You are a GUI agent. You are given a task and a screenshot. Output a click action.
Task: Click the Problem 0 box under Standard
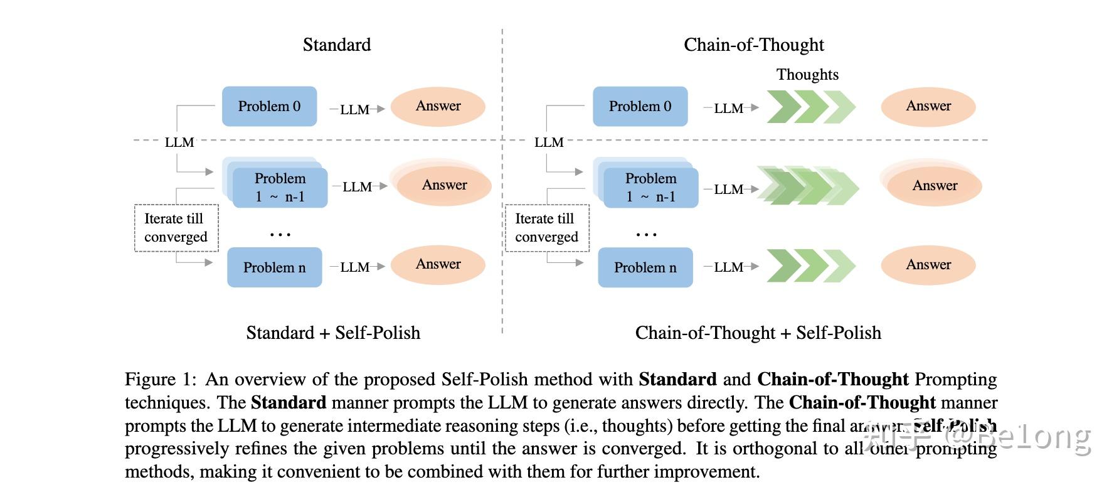269,106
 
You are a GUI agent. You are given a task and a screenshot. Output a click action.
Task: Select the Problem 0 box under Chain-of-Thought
640,106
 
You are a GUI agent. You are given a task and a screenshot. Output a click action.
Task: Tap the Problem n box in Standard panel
274,267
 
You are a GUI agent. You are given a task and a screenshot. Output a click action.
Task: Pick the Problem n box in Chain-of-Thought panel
645,267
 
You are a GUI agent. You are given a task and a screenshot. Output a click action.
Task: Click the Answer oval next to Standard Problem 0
438,106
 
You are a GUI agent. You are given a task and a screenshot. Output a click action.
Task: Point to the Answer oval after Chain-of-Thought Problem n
928,264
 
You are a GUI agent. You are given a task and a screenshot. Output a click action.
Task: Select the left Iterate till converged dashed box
176,228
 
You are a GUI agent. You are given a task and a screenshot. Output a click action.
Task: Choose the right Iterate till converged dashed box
547,228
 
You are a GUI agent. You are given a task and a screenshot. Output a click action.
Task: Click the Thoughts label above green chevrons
807,74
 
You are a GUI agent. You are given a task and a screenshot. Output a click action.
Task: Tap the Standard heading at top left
337,45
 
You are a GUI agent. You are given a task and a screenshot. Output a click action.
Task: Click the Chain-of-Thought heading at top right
753,45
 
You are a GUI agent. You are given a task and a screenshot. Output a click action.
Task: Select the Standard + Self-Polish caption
333,333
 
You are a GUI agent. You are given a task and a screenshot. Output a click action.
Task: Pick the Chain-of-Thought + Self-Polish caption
758,333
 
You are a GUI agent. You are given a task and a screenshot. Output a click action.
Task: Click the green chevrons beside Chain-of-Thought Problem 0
810,107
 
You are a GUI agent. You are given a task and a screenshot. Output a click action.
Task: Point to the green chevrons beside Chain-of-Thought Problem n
810,266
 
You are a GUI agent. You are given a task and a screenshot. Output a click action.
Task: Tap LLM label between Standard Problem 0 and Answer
354,109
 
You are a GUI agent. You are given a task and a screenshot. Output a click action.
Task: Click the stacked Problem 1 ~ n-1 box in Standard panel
279,187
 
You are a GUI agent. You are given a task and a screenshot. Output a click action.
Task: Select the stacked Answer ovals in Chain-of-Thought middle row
933,185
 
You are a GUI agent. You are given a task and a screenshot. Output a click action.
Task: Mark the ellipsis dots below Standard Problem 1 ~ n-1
280,235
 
